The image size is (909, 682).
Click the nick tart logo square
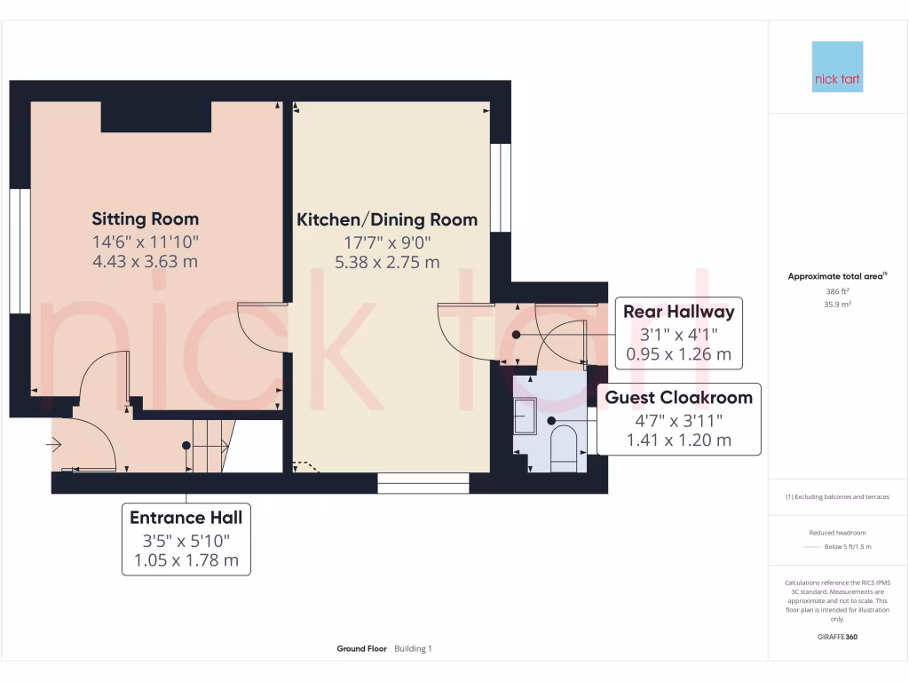[837, 67]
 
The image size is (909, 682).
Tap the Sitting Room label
[146, 218]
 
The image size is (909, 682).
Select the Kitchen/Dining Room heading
[387, 219]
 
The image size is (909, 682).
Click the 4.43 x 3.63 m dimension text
[146, 261]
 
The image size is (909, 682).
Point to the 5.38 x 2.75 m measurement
[387, 262]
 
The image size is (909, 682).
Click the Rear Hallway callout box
[678, 333]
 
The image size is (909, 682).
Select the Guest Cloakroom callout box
[678, 418]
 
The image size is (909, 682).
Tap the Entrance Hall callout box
[186, 539]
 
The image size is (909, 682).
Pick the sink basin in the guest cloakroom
[525, 416]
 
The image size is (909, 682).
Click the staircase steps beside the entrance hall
[211, 445]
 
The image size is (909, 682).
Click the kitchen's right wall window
[501, 187]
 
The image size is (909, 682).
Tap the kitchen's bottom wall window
[423, 483]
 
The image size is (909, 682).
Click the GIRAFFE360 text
[837, 637]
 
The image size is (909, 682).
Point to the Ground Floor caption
[361, 649]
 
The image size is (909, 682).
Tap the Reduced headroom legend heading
[837, 532]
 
